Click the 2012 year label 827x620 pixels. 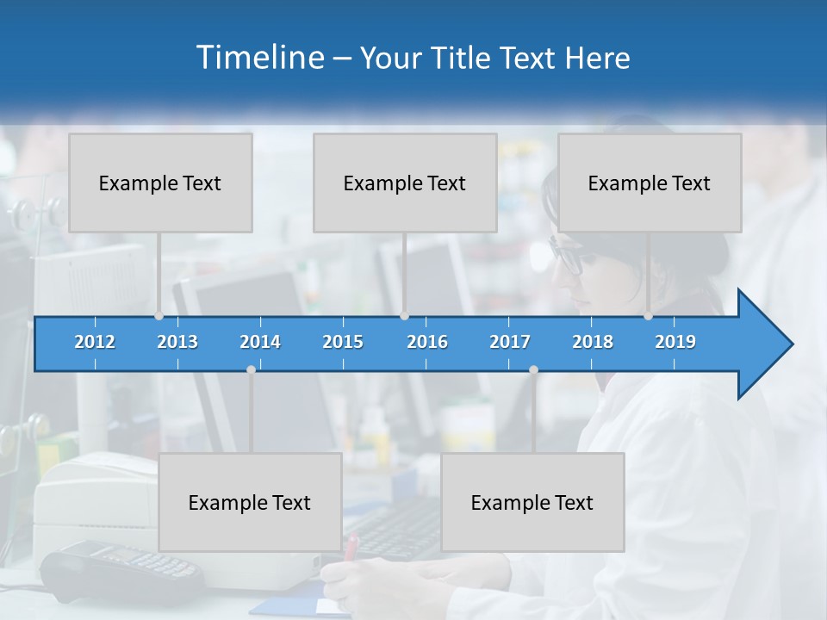click(95, 342)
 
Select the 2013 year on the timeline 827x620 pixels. click(177, 342)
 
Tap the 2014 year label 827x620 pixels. click(260, 342)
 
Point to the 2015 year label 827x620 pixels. click(343, 342)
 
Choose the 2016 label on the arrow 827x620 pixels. click(427, 342)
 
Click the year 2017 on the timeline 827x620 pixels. click(510, 342)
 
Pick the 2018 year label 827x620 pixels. click(593, 342)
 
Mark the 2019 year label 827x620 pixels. click(675, 342)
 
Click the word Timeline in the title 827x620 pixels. click(258, 58)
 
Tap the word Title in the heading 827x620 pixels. click(463, 59)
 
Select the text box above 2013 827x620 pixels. click(160, 183)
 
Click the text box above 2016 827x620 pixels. click(405, 183)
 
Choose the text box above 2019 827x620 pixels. click(650, 183)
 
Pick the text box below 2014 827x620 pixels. click(250, 502)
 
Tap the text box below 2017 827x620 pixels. click(532, 502)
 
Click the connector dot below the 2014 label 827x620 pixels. click(251, 369)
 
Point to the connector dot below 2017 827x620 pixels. click(533, 369)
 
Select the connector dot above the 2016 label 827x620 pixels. click(405, 316)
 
